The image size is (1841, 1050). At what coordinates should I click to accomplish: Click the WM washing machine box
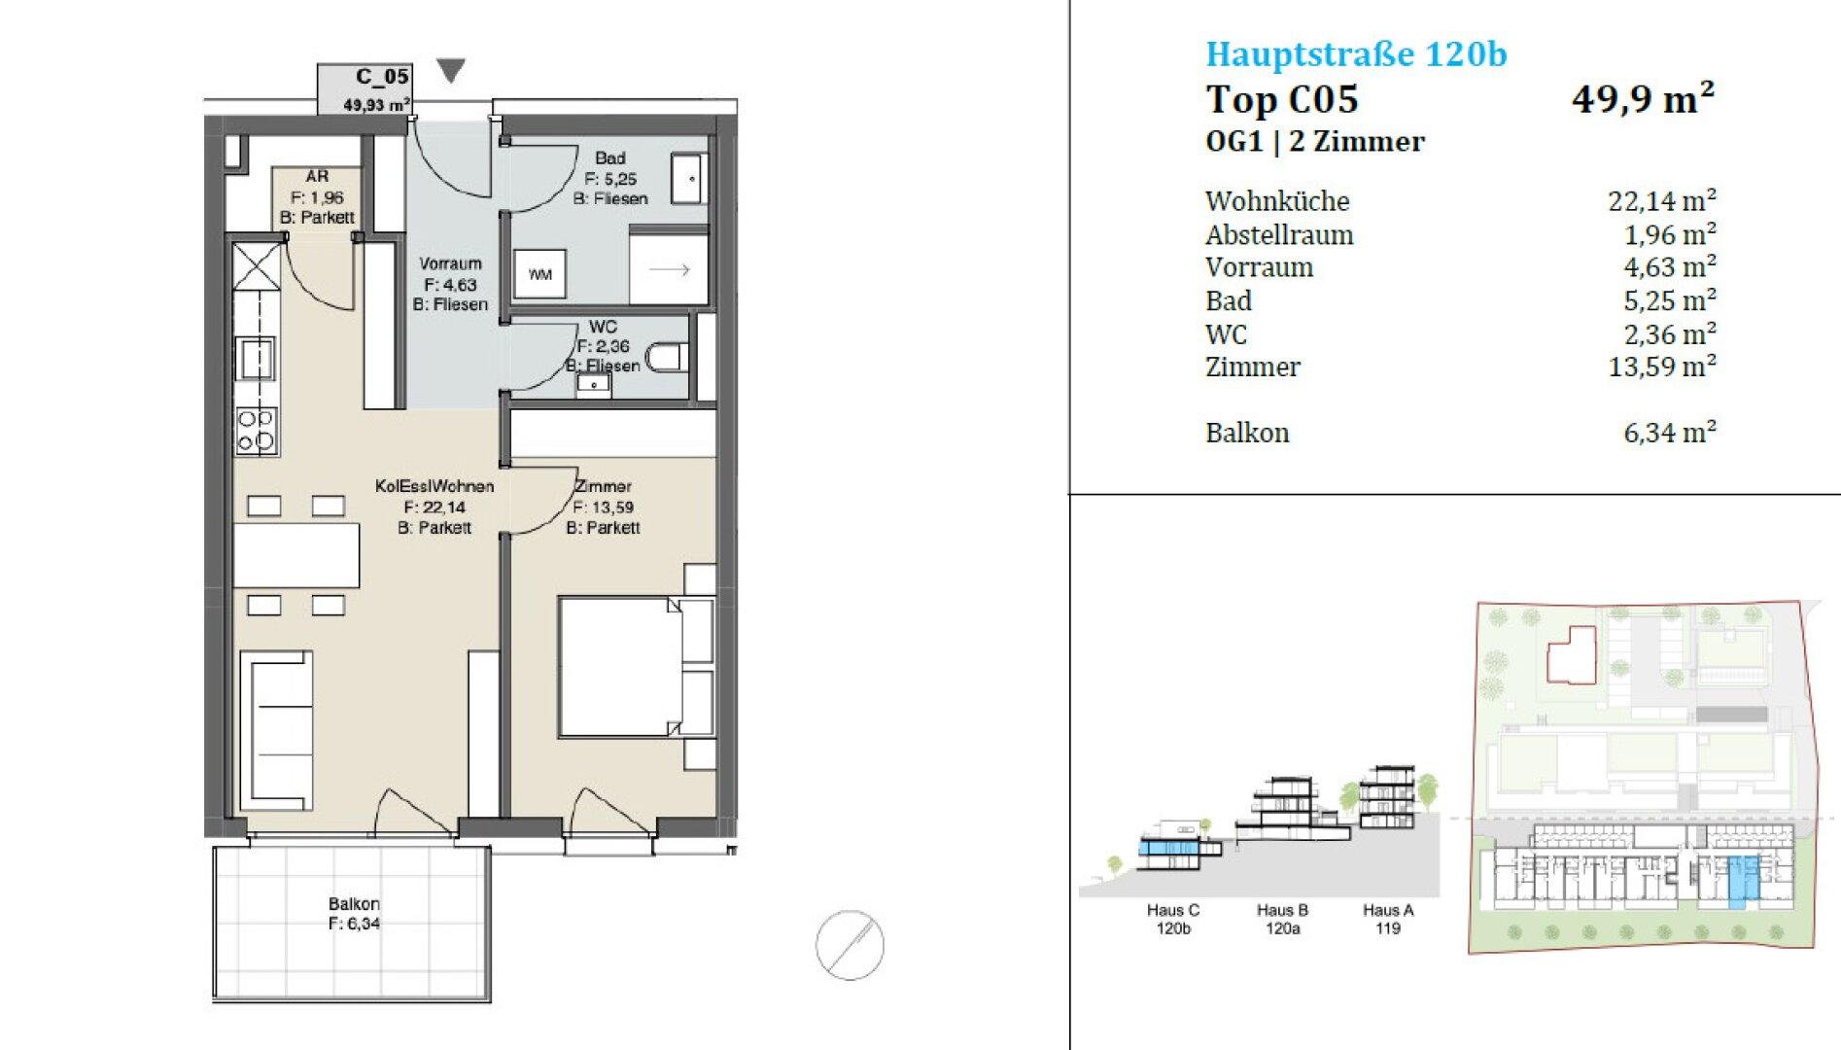click(538, 274)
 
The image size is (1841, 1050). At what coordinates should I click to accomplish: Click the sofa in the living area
click(276, 730)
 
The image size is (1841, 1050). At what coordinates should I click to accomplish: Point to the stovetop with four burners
click(257, 431)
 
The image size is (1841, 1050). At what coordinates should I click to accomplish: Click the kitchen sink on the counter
click(257, 358)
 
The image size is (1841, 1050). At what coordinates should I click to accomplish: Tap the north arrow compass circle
click(850, 944)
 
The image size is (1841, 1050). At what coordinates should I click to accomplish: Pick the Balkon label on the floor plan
click(354, 903)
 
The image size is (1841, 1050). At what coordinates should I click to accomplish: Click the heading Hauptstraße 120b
click(1356, 54)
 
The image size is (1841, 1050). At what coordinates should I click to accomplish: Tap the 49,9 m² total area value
click(1643, 98)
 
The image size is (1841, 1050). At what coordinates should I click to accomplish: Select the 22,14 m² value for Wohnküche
click(1662, 200)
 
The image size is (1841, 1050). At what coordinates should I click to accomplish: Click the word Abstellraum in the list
click(1279, 234)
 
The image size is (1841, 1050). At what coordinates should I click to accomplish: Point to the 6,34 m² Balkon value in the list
click(1670, 432)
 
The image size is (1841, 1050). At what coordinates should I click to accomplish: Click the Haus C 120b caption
click(1173, 919)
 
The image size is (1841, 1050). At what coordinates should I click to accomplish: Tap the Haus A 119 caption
click(1388, 919)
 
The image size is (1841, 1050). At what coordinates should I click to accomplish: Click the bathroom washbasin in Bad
click(690, 179)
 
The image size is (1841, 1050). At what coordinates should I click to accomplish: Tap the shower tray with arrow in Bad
click(669, 267)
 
